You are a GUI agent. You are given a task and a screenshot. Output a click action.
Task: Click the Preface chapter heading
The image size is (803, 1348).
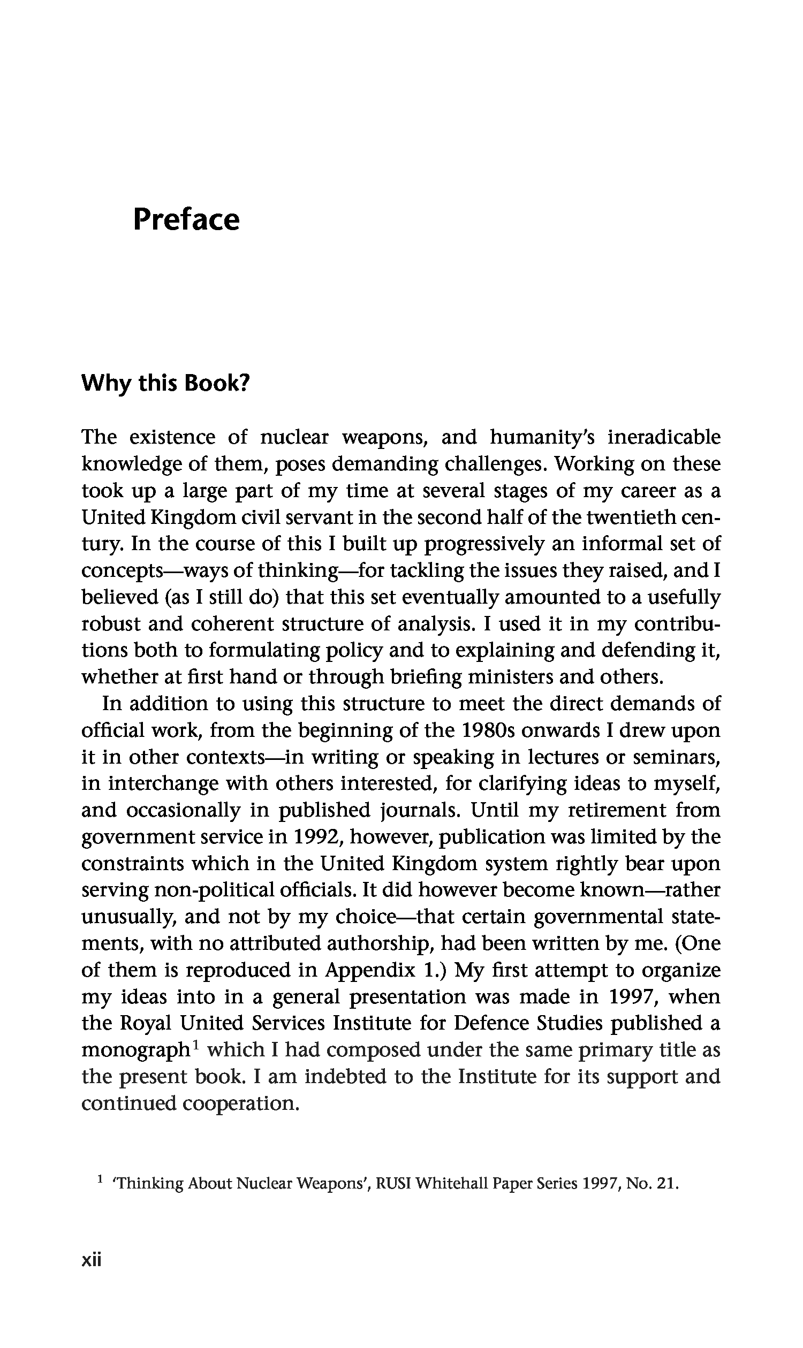pyautogui.click(x=186, y=220)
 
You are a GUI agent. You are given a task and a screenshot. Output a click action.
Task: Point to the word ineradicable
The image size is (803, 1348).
pyautogui.click(x=664, y=437)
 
